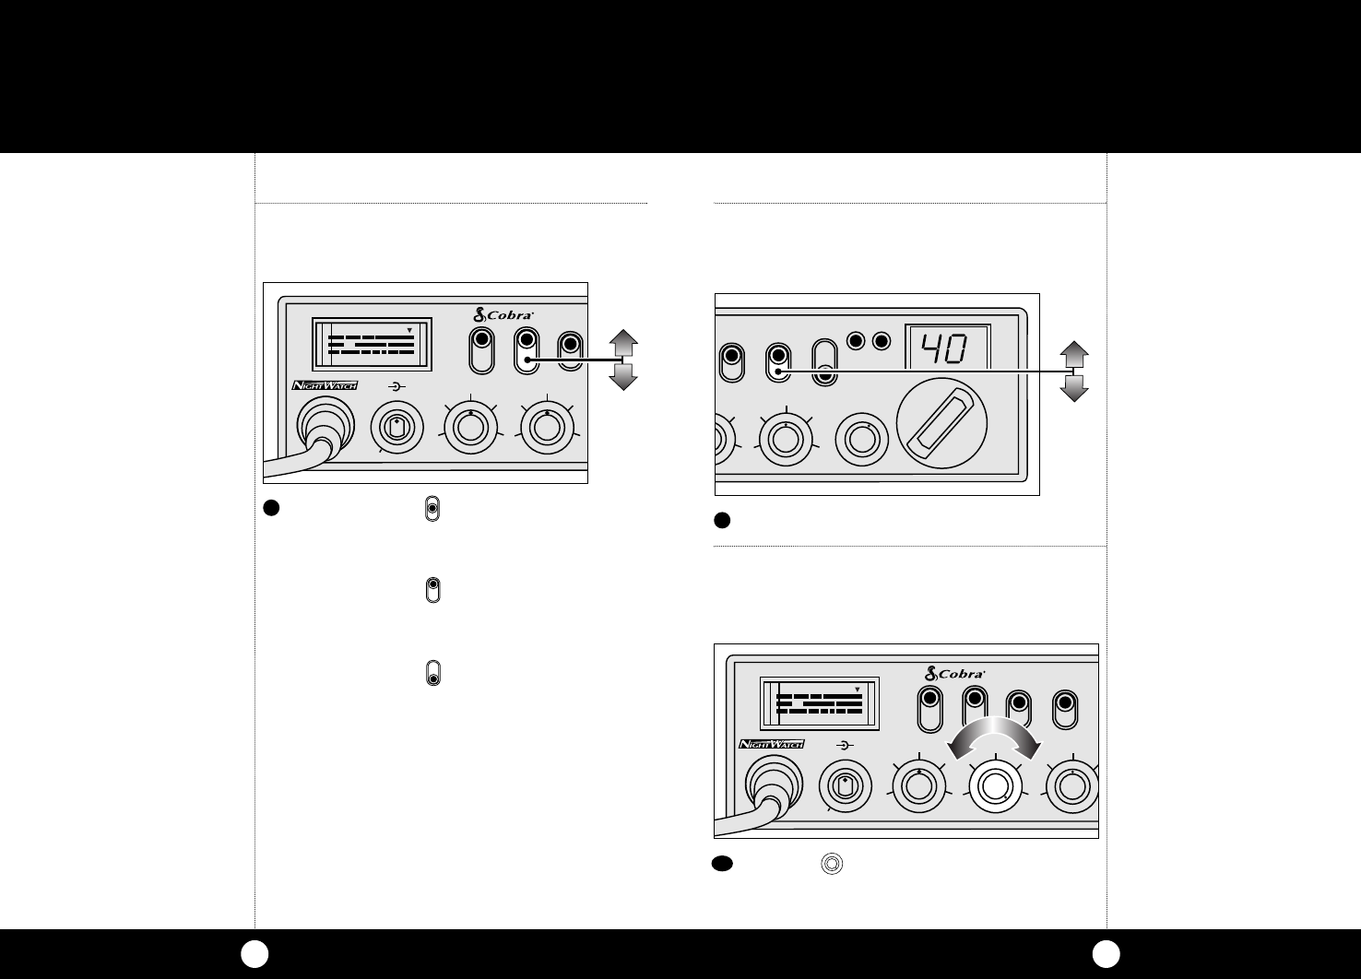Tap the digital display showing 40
(x=947, y=348)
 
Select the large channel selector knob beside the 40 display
(x=941, y=423)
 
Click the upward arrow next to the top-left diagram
(x=624, y=344)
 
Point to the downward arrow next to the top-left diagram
(x=624, y=376)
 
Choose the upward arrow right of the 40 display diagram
(x=1074, y=354)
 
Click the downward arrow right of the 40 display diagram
(x=1074, y=387)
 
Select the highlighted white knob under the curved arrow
(x=994, y=785)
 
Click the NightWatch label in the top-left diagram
(x=325, y=385)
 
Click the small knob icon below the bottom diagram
(x=833, y=864)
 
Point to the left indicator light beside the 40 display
(x=857, y=341)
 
